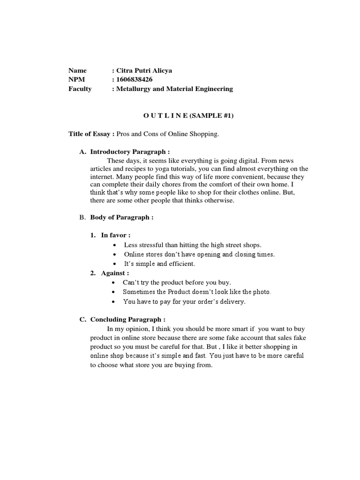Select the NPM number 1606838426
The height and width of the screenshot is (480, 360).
pos(134,79)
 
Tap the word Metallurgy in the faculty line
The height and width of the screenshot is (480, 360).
pos(135,89)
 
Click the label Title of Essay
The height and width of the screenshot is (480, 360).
pos(89,134)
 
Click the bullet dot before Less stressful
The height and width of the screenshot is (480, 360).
pos(115,246)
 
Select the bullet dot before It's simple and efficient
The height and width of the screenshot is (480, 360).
pos(115,264)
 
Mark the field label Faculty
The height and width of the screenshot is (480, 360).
pos(80,89)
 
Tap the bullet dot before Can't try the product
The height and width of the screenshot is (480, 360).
pos(115,283)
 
